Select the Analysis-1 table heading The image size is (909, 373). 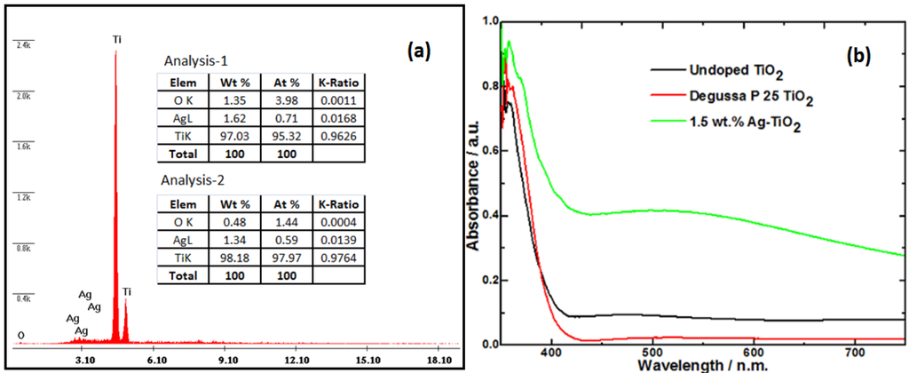coord(196,61)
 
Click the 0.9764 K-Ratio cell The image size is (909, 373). coord(339,255)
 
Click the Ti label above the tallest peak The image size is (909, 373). coord(117,39)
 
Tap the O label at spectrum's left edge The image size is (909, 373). coord(20,335)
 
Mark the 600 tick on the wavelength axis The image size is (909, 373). coord(754,352)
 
